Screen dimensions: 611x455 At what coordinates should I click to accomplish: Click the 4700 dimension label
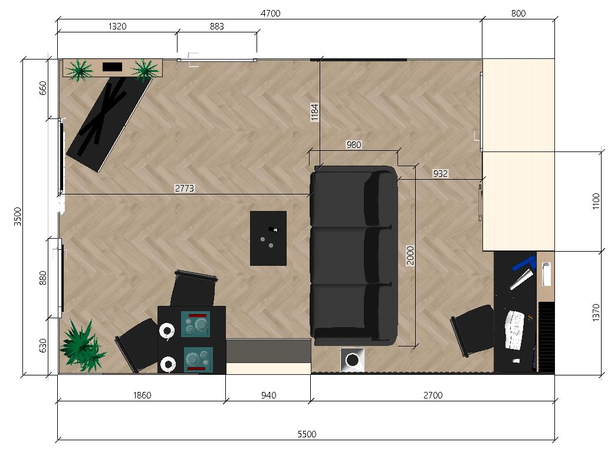pos(271,13)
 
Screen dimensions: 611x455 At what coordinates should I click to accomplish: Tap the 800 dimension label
pos(518,13)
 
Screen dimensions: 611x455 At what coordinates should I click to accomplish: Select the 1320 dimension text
pos(117,26)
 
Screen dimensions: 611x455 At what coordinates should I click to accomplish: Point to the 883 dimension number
pos(216,26)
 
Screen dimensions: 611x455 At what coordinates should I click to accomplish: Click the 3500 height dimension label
pos(18,216)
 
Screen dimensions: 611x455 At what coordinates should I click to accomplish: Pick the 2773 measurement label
pos(185,188)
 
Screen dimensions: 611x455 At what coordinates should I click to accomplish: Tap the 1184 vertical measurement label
pos(315,112)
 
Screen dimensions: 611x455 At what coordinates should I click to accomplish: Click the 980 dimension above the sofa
pos(354,145)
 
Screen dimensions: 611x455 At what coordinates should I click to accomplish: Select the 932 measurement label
pos(441,173)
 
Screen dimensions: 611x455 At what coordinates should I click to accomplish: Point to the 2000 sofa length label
pos(410,255)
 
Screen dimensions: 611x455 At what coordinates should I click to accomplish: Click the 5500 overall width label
pos(307,434)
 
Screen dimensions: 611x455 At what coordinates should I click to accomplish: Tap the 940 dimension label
pos(268,395)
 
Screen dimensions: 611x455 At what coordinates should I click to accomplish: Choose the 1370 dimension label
pos(596,312)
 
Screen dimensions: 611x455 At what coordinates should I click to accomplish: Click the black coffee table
pos(268,239)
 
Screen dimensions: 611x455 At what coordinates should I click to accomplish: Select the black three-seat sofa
pos(354,256)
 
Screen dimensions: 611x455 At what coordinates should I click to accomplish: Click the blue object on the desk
pos(524,263)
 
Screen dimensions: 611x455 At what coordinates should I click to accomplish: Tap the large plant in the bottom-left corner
pos(82,346)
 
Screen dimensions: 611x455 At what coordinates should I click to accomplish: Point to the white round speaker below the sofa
pos(352,360)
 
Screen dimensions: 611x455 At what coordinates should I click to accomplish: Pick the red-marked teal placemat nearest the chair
pos(196,324)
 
